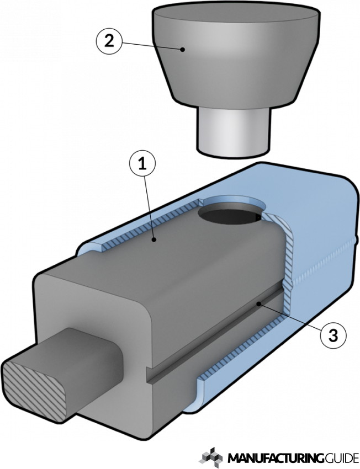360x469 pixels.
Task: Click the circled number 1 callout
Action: pyautogui.click(x=142, y=164)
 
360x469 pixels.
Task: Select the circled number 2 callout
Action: pyautogui.click(x=109, y=42)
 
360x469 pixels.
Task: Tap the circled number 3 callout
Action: pyautogui.click(x=332, y=334)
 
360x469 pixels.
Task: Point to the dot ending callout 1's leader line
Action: pyautogui.click(x=156, y=239)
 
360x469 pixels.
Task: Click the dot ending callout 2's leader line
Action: pyautogui.click(x=182, y=50)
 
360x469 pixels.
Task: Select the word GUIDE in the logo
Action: pyautogui.click(x=341, y=458)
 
